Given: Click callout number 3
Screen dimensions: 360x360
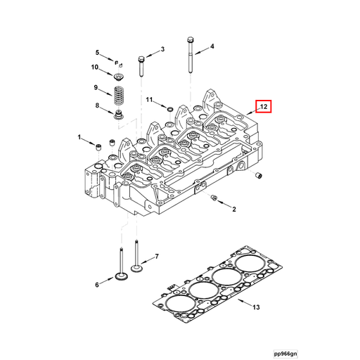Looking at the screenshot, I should coord(162,49).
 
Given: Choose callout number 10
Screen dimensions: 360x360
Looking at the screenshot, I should coord(95,67).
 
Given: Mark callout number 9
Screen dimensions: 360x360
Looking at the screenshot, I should coord(96,87).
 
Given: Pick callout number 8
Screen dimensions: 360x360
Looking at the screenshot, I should coord(97,105).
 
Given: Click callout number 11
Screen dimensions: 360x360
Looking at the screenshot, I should coord(149,101).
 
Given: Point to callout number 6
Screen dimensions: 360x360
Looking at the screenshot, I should coord(97,284).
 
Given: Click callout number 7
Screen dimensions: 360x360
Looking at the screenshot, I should coord(157,257).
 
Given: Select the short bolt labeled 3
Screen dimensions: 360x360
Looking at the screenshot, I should coord(142,65).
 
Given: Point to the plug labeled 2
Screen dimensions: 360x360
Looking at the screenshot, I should coord(213,201).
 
